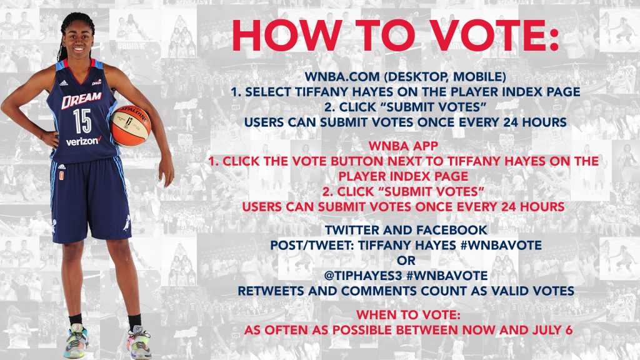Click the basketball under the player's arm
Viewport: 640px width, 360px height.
click(131, 126)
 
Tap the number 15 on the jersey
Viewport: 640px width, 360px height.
click(82, 121)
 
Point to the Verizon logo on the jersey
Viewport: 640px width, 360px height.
click(84, 141)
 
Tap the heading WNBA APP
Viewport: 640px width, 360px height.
click(403, 146)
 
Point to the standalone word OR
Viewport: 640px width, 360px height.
click(406, 261)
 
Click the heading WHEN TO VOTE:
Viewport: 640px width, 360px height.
click(408, 315)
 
